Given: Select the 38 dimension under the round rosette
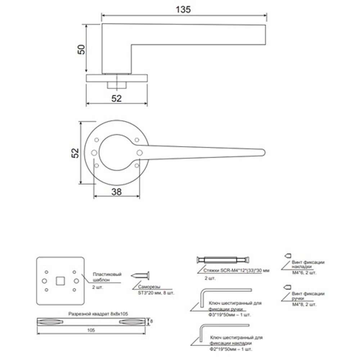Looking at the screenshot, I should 116,192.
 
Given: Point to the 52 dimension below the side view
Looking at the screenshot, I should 116,98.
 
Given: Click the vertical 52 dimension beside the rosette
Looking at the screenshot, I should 74,153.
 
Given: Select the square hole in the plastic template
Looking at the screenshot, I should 60,280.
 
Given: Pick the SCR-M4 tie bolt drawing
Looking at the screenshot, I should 223,260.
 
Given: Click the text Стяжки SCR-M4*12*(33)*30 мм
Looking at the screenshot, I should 236,270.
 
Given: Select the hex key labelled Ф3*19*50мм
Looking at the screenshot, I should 223,292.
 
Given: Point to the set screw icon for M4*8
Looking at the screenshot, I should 287,287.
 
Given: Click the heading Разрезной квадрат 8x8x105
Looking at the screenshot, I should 98,313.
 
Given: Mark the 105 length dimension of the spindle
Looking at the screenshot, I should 93,330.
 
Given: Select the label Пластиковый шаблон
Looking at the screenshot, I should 102,276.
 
